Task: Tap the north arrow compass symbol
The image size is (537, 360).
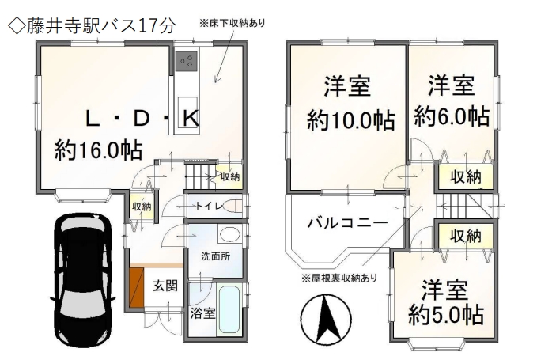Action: pos(325,319)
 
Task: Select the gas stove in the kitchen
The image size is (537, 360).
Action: pos(187,61)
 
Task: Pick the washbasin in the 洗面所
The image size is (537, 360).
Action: pos(229,235)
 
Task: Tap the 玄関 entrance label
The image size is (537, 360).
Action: pos(165,286)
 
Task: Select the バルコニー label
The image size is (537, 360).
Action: pos(348,223)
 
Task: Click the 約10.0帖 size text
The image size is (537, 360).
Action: pos(350,120)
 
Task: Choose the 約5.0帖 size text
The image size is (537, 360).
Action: pos(445,314)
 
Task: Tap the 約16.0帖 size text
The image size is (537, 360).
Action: pos(98,150)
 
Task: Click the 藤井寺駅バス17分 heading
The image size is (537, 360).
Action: pos(92,26)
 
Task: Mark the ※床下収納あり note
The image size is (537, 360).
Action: pos(233,23)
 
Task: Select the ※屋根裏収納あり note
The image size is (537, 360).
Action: pos(339,279)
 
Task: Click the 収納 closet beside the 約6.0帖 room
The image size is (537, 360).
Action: pos(465,177)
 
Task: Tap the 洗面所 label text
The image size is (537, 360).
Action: pos(215,256)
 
